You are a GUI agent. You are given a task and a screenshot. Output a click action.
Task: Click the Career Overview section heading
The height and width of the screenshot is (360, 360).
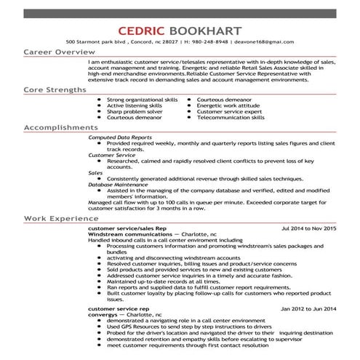(58, 53)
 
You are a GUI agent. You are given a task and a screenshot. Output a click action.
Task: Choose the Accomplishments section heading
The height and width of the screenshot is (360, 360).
(60, 127)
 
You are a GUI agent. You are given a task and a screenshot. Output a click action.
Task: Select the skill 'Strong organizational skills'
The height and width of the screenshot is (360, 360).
(142, 98)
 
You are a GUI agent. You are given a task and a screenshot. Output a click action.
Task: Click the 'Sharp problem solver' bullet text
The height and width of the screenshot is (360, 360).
(135, 111)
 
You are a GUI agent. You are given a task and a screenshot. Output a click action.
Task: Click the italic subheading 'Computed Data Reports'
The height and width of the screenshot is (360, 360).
(119, 137)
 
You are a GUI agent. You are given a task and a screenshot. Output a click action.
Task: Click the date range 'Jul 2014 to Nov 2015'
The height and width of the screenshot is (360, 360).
(308, 228)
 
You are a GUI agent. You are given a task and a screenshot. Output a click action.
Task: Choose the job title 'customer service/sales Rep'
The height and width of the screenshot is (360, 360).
(127, 228)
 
